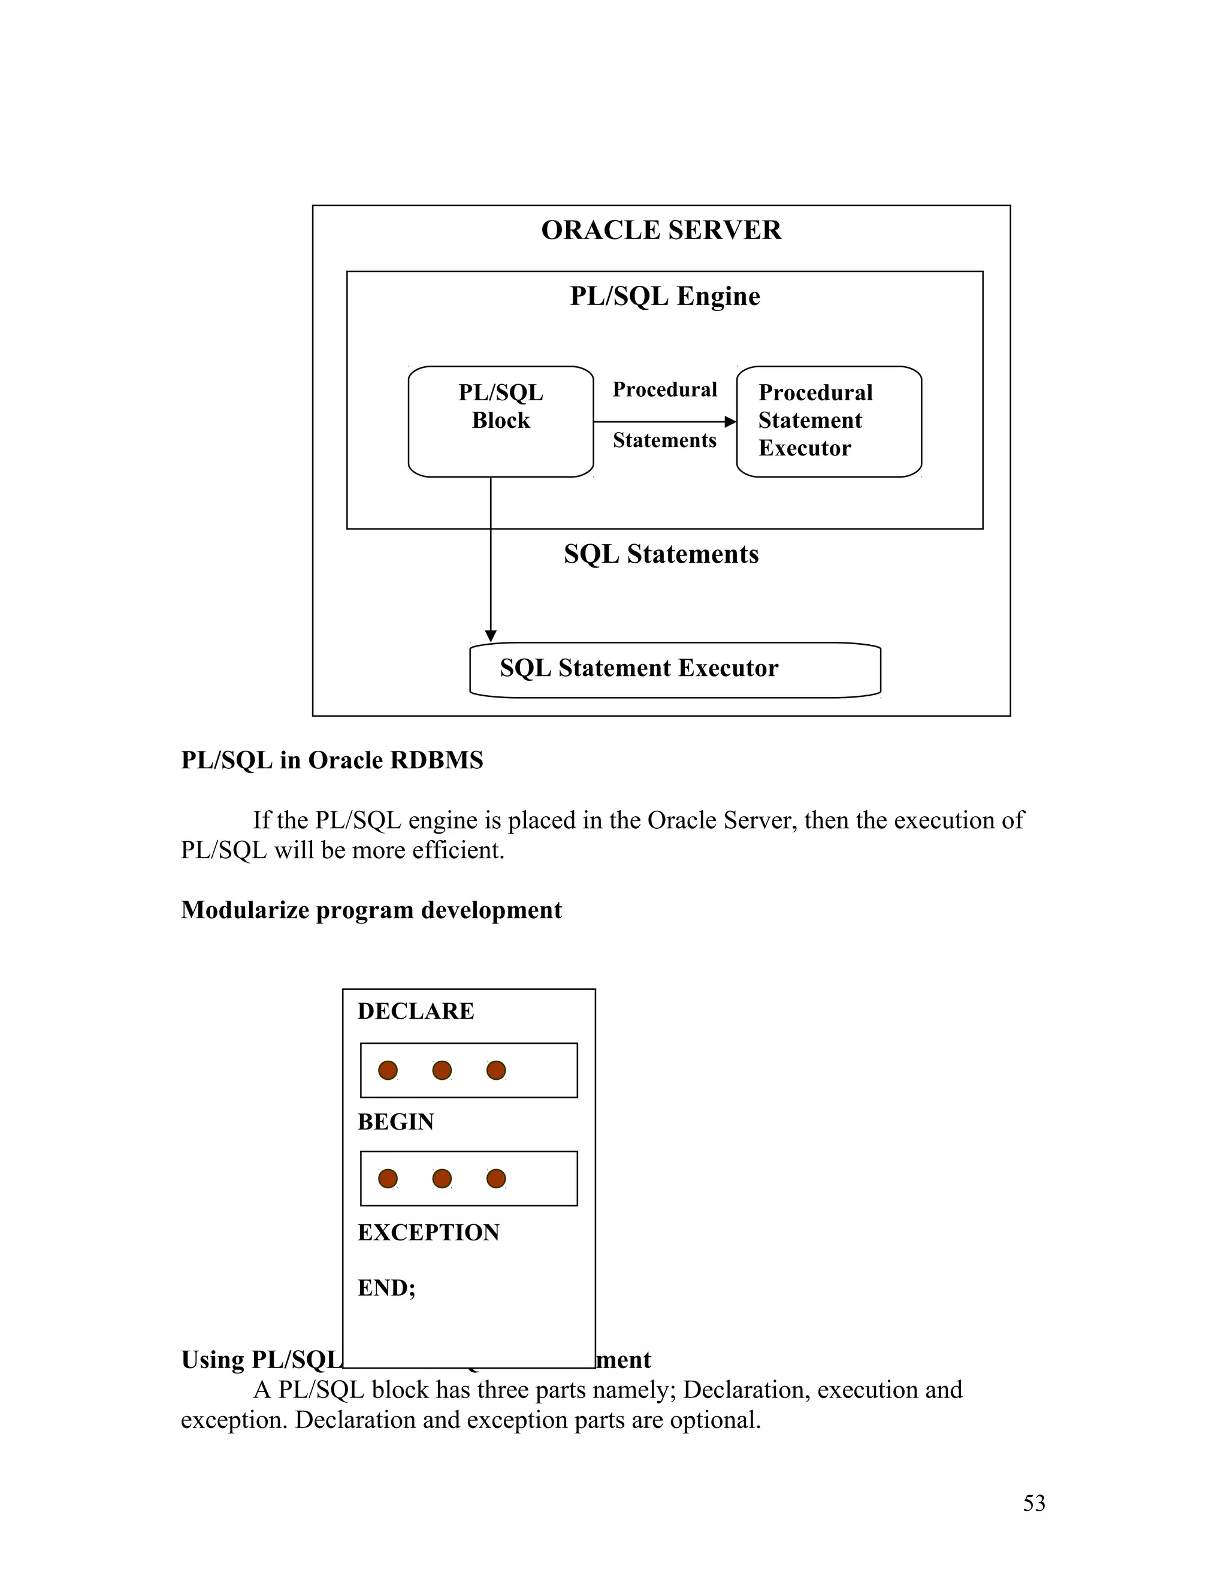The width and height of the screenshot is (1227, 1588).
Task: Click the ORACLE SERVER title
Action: (661, 231)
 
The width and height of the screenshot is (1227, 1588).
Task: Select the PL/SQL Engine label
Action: (664, 297)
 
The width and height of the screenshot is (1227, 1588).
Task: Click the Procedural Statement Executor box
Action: (829, 422)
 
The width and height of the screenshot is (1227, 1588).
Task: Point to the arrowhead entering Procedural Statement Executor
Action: (730, 422)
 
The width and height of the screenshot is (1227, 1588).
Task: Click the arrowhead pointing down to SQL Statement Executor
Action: (491, 635)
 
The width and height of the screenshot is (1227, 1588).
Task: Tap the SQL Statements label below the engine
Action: (661, 554)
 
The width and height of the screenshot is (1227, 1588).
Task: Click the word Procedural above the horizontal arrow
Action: (664, 390)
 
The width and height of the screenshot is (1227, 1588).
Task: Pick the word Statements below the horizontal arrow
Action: (664, 440)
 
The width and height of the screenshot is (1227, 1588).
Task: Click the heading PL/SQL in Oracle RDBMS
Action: (331, 760)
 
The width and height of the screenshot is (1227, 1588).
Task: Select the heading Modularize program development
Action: (371, 910)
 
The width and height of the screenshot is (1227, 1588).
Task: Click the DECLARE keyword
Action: (416, 1012)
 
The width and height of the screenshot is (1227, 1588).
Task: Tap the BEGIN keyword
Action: (395, 1122)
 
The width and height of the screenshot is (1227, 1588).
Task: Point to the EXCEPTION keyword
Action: (428, 1233)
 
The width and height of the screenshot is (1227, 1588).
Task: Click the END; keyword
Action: (386, 1288)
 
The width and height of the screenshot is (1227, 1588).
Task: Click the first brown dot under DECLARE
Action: (388, 1070)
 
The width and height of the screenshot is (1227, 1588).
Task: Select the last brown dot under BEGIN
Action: (495, 1179)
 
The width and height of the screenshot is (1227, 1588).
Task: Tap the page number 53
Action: (1033, 1503)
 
